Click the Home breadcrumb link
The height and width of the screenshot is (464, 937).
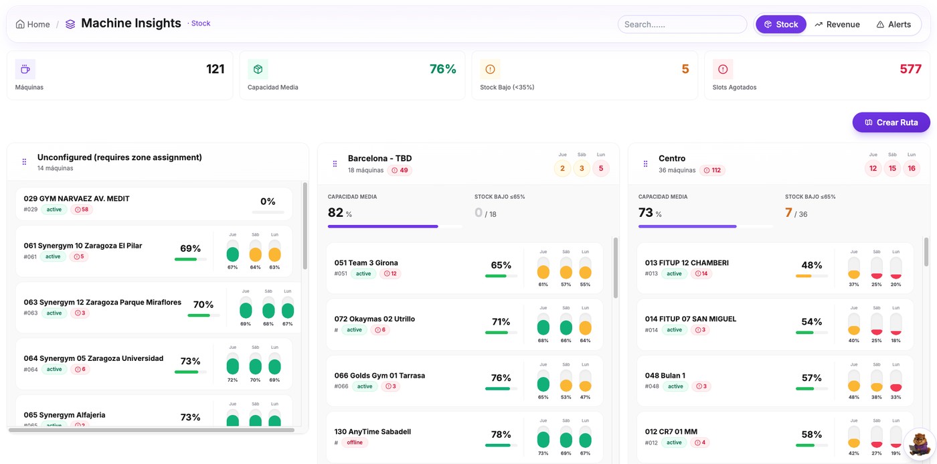coord(33,24)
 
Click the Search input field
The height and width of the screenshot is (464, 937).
coord(681,24)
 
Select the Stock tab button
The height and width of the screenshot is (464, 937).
coord(780,24)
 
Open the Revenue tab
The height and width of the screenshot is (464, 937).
coord(837,24)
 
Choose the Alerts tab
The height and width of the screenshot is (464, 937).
coord(893,24)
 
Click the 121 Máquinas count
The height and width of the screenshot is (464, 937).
coord(215,69)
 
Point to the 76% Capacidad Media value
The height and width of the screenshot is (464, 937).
coord(442,69)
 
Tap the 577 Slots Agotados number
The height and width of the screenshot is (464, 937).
coord(910,69)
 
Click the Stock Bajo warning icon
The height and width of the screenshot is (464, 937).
coord(490,69)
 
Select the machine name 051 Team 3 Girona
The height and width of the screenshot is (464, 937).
coord(366,263)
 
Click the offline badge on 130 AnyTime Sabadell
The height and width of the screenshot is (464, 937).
coord(354,443)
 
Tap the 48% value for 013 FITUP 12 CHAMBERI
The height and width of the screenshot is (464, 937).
coord(811,265)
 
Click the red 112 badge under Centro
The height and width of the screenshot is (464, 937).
coord(712,170)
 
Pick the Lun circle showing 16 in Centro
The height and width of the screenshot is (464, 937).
coord(911,169)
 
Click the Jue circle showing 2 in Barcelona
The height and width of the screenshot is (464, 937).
coord(562,169)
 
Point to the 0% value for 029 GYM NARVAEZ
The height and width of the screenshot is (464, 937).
coord(268,202)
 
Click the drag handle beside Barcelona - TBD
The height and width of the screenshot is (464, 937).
coord(335,163)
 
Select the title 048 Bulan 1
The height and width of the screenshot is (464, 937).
coord(665,376)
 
